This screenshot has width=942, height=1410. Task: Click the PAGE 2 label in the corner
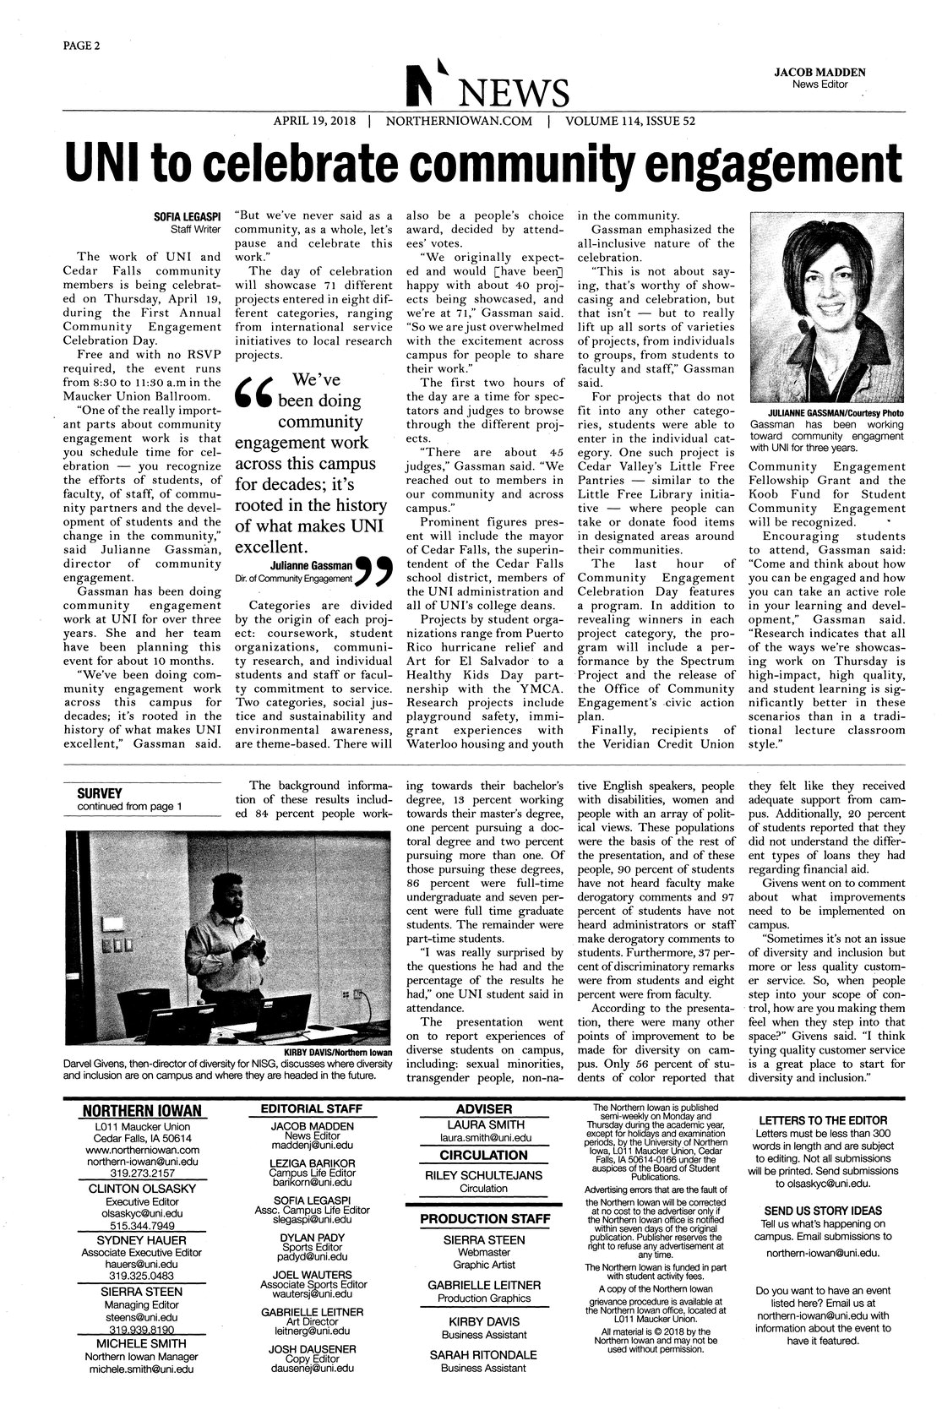pos(81,45)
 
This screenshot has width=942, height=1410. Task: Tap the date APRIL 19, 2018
pos(317,121)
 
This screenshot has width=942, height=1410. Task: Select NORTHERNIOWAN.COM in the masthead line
pos(459,121)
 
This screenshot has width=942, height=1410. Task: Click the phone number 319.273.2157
pos(142,1173)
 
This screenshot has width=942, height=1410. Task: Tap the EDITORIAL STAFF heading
pos(311,1108)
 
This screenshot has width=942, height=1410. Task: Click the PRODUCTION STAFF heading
pos(485,1218)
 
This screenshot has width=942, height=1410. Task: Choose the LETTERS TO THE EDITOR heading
pos(823,1119)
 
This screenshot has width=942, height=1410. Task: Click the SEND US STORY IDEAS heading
pos(822,1210)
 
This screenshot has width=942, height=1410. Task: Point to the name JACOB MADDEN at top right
pos(819,73)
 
